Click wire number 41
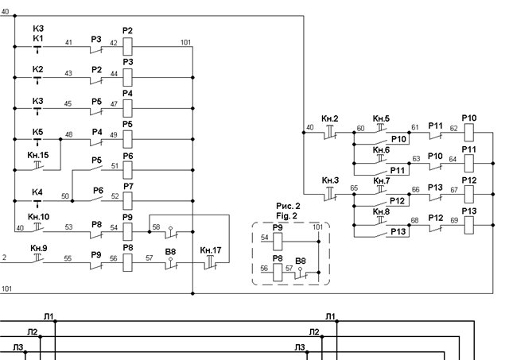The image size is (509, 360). point(68,42)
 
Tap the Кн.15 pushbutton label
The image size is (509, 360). point(38,155)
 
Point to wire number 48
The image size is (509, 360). point(69,134)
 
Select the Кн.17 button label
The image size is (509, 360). point(211,250)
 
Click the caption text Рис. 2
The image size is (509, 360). point(288,206)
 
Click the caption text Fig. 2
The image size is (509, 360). point(286,215)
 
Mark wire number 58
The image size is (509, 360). point(156,226)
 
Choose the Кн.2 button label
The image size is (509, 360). point(330,118)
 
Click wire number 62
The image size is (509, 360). point(453,128)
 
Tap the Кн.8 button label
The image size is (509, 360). point(381,211)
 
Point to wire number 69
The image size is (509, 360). point(454,220)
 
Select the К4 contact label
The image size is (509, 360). point(37,192)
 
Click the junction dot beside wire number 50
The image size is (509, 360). point(72,201)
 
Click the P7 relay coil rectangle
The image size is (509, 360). point(127,201)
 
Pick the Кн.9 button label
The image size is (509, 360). point(39,248)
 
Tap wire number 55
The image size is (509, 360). point(68,258)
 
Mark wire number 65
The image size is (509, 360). point(354,188)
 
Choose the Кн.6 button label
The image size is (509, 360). point(381,150)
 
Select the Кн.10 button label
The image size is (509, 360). point(39,217)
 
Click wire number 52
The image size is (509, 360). point(115,195)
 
